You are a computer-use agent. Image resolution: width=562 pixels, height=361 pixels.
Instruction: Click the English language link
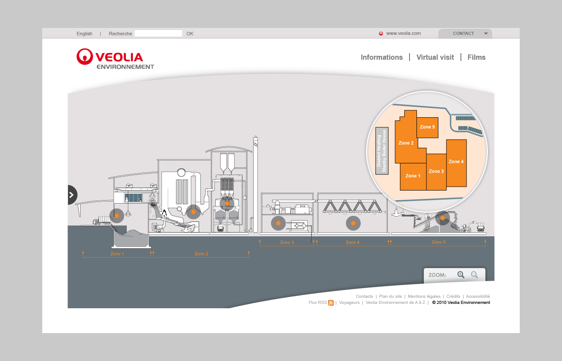click(85, 34)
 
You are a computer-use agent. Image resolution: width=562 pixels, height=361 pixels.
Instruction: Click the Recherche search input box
click(158, 34)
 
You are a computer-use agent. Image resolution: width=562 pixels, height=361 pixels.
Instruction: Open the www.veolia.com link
click(403, 33)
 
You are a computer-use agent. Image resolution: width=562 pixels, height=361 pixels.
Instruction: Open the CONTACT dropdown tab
click(465, 34)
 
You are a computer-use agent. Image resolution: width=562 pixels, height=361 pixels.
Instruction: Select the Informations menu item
click(382, 57)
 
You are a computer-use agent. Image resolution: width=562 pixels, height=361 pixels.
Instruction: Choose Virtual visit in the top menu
click(435, 57)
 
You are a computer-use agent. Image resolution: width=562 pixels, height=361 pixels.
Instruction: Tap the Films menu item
click(476, 57)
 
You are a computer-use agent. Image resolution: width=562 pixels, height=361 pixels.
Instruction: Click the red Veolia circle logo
click(85, 57)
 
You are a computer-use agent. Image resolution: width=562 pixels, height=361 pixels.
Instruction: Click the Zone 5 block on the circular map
click(427, 127)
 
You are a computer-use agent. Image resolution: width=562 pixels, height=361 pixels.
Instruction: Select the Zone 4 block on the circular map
click(456, 162)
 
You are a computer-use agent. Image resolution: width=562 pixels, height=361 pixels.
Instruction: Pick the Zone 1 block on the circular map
click(413, 176)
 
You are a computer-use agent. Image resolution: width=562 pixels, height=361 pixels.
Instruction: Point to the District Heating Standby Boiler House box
click(382, 151)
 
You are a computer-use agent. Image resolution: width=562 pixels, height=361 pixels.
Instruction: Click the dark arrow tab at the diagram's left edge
click(72, 195)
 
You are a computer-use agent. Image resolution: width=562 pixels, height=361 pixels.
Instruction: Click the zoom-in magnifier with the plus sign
click(460, 275)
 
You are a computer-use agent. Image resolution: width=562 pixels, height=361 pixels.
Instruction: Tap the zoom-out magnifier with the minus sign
click(474, 275)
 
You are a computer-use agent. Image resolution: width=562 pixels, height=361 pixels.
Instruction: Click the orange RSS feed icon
click(331, 303)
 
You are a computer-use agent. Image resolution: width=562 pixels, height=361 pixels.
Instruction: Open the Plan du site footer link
click(390, 296)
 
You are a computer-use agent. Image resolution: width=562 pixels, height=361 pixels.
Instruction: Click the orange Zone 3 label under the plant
click(287, 242)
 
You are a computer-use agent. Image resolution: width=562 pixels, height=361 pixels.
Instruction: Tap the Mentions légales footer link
click(424, 296)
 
